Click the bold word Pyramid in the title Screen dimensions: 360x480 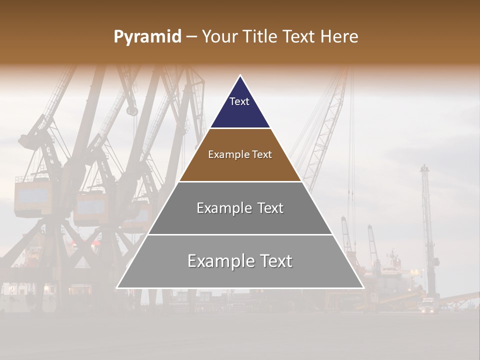point(147,37)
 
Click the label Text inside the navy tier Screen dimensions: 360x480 point(239,101)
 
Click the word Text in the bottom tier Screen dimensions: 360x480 point(273,261)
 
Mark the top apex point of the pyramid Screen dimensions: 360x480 point(240,75)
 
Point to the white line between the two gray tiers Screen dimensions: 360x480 point(240,234)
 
